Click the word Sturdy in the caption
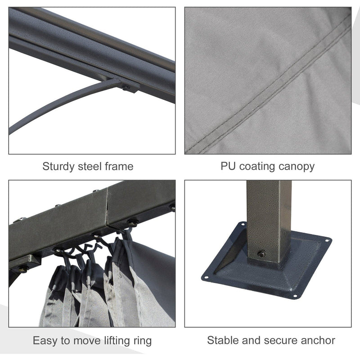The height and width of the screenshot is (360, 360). coord(58,167)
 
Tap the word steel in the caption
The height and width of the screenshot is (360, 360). coord(90,166)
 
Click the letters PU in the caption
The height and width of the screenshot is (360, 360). coord(228,166)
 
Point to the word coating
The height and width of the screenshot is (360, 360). coord(257,167)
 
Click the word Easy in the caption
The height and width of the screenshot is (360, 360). coord(45,341)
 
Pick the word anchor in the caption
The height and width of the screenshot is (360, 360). coord(318,340)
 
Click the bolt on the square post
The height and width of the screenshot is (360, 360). coord(261,254)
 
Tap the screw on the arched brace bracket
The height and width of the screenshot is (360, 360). coord(126,87)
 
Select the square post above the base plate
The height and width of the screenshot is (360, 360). coord(269,220)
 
